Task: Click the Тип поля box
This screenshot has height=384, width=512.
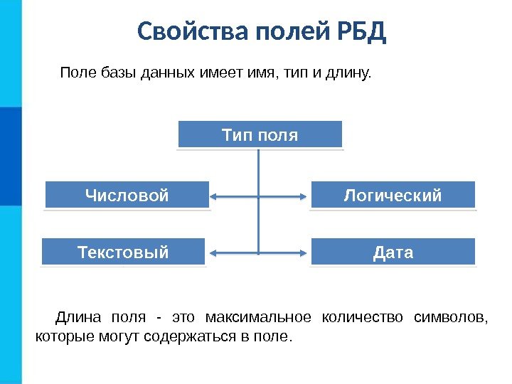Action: pyautogui.click(x=260, y=134)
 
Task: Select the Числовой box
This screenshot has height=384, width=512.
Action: pyautogui.click(x=127, y=195)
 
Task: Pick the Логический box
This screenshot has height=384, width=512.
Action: pyautogui.click(x=393, y=195)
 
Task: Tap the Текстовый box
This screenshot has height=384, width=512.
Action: pyautogui.click(x=123, y=252)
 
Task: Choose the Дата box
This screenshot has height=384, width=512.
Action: pyautogui.click(x=393, y=252)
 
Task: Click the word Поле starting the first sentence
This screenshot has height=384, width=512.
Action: pyautogui.click(x=75, y=73)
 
